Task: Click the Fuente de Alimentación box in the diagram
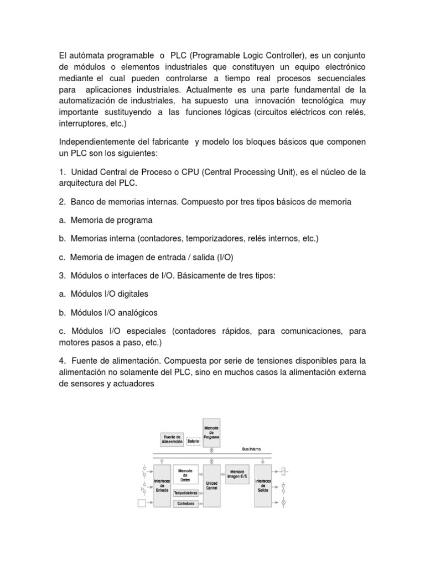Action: click(173, 439)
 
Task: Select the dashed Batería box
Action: click(194, 441)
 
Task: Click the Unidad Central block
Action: click(212, 485)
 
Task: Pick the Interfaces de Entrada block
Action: click(162, 485)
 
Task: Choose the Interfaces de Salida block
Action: click(262, 485)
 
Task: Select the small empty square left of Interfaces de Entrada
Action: click(141, 502)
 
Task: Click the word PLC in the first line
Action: click(179, 56)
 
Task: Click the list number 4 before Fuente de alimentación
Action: click(62, 360)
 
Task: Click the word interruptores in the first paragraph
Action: click(84, 124)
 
